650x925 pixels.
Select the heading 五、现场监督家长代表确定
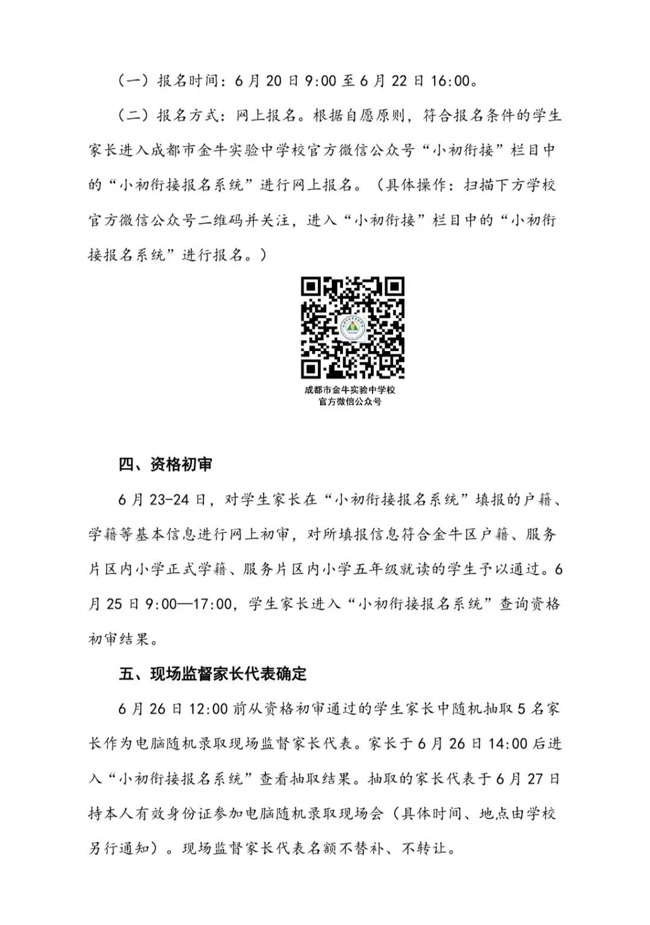[212, 673]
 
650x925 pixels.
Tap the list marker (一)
[132, 80]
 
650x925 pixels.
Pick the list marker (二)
[132, 115]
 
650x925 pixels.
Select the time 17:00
[210, 603]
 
